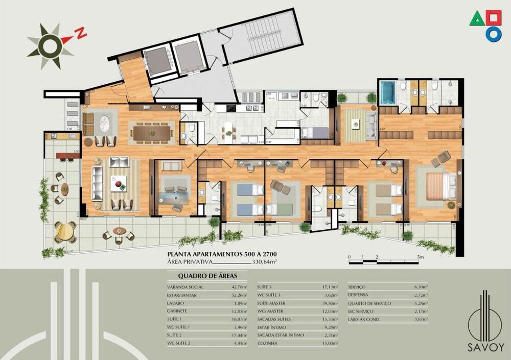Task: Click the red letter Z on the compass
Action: click(80, 34)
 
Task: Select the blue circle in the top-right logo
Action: click(493, 34)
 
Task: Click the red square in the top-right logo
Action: click(494, 18)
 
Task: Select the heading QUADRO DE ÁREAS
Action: click(199, 276)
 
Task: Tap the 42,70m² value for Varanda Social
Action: click(239, 287)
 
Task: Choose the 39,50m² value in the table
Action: click(330, 303)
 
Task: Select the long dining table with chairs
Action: click(151, 132)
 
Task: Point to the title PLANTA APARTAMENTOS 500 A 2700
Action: click(222, 253)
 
